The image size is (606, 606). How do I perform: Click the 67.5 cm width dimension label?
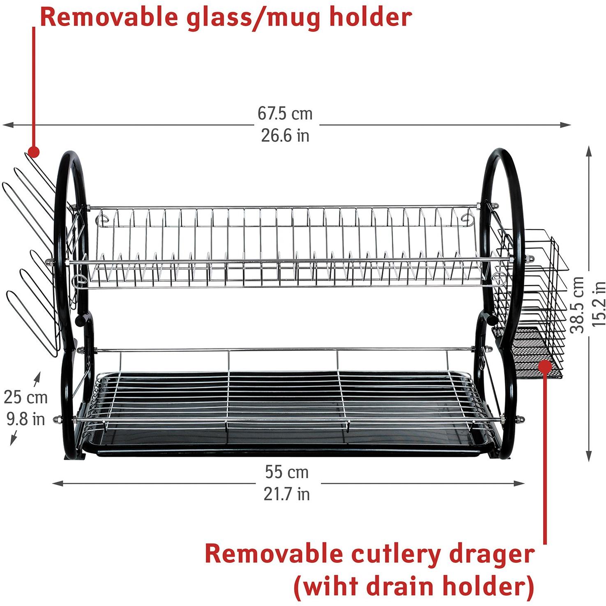[x=285, y=114]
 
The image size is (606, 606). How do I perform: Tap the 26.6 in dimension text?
[x=285, y=136]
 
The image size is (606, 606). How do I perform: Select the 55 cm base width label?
[x=286, y=472]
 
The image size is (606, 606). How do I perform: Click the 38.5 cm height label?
[x=579, y=304]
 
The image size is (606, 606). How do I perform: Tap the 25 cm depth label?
[x=26, y=398]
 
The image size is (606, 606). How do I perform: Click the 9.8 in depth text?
[x=26, y=419]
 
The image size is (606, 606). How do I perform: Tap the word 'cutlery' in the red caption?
[x=396, y=555]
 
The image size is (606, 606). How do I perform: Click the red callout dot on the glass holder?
[x=33, y=152]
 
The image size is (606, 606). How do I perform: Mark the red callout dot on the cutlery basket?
[x=545, y=365]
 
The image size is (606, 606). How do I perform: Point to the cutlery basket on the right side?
[x=530, y=304]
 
